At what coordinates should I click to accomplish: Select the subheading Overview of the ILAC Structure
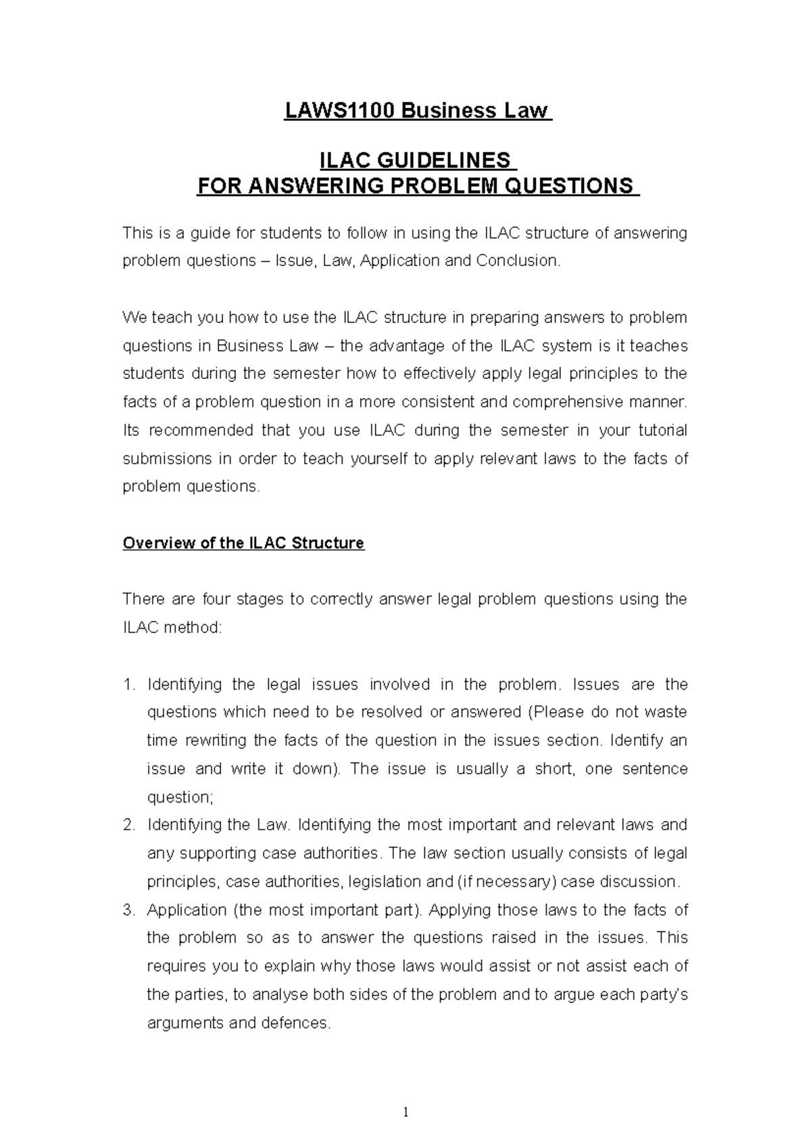[243, 543]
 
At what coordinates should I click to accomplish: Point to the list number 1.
[129, 684]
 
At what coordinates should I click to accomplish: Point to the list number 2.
[129, 825]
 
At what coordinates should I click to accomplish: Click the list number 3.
[129, 910]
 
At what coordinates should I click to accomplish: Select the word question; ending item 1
[180, 797]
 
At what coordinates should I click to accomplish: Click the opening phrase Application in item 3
[186, 910]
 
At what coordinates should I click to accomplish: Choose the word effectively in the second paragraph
[439, 374]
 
